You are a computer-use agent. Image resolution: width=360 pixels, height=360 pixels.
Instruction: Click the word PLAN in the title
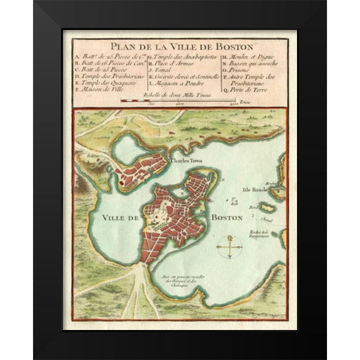121,40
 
